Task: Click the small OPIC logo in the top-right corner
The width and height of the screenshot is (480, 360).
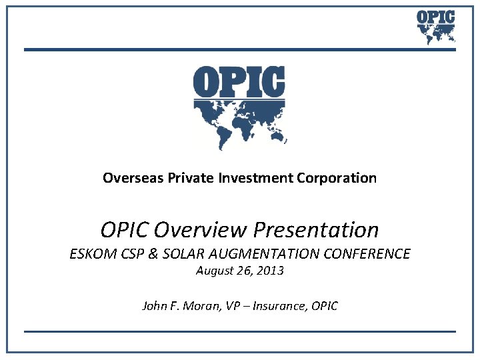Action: coord(435,26)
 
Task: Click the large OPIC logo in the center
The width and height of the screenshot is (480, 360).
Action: coord(239,107)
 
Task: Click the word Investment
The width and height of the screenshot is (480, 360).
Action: coord(247,178)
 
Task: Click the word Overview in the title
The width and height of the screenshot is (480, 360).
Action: coord(201,230)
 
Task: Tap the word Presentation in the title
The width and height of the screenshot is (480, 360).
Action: coord(316,230)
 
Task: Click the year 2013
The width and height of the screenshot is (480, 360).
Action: coord(271,271)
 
